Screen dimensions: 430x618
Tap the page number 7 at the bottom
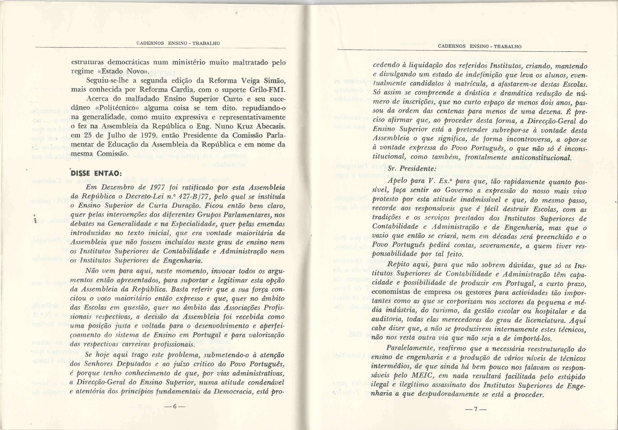476,409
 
